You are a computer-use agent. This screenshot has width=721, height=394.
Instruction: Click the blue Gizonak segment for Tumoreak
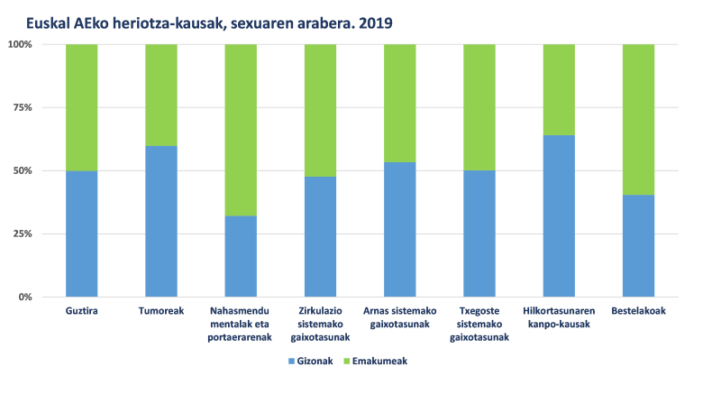point(161,221)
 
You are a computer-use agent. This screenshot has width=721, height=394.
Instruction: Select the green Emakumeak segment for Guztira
point(82,107)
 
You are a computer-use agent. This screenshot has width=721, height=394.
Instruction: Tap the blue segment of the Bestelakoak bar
point(638,245)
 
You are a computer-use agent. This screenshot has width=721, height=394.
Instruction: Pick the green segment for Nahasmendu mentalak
point(241,130)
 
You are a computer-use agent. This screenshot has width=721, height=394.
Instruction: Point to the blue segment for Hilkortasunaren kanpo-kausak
point(559,215)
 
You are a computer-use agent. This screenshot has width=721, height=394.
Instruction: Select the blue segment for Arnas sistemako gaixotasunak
point(400,229)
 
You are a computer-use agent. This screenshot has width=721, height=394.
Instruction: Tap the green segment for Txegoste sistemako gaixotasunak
point(479,107)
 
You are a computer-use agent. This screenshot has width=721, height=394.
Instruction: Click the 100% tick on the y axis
point(20,44)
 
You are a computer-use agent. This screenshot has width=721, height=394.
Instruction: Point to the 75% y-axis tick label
point(22,107)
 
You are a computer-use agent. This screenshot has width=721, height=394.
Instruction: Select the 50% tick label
point(22,170)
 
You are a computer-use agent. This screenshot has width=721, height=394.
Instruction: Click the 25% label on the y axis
point(22,234)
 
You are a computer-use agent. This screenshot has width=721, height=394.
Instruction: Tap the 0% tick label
point(24,297)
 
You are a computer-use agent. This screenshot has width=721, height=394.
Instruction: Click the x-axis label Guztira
point(82,312)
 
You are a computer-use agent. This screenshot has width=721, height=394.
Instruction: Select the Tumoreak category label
point(161,312)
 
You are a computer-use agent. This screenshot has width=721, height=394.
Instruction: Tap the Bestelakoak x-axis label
point(638,312)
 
